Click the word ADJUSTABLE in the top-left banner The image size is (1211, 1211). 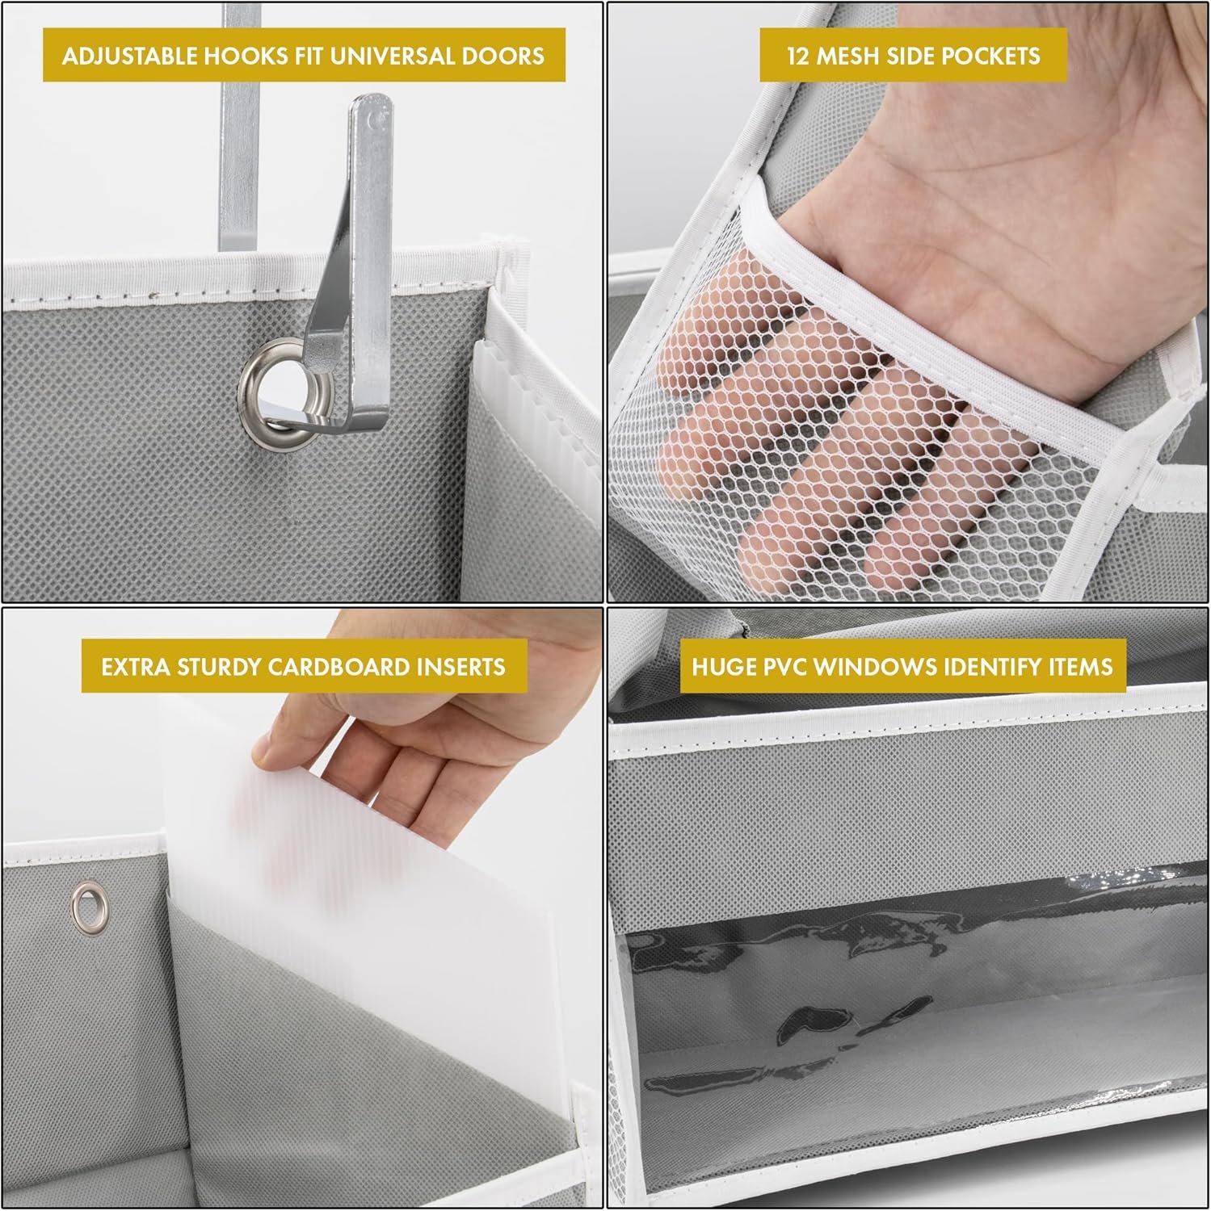click(129, 56)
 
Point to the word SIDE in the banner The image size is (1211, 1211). click(916, 56)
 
